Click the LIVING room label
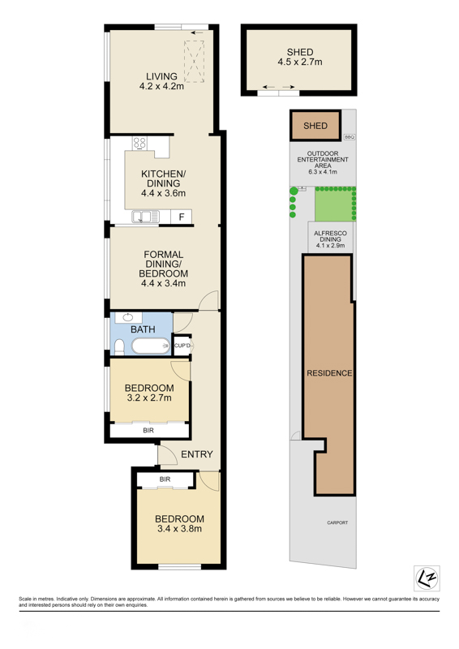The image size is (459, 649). click(161, 76)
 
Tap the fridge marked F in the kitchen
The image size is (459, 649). click(182, 217)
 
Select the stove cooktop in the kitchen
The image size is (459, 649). click(139, 144)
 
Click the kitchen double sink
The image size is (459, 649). click(145, 217)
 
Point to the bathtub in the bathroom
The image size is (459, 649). click(151, 346)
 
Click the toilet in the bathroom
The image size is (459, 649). click(119, 347)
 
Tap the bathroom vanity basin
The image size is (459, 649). click(128, 318)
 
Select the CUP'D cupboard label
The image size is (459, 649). click(182, 346)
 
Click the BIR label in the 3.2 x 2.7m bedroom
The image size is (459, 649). click(148, 431)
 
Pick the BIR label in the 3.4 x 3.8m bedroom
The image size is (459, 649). click(165, 479)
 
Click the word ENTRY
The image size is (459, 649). click(197, 454)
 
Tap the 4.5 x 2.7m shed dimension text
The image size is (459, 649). click(300, 62)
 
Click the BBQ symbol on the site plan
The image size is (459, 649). click(350, 136)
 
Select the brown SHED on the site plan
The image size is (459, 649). click(315, 126)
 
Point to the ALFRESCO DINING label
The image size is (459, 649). click(330, 236)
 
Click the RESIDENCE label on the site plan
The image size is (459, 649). click(329, 373)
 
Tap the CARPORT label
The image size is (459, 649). click(337, 522)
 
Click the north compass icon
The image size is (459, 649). click(427, 578)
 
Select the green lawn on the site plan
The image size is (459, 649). click(334, 205)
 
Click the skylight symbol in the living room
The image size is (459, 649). click(194, 62)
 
